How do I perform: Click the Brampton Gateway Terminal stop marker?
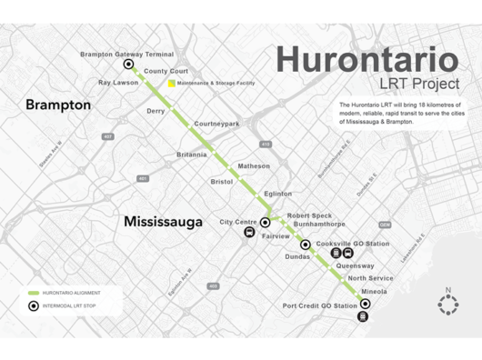[128, 65]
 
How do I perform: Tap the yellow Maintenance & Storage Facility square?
[170, 84]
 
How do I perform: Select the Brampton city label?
[59, 105]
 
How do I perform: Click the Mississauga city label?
[163, 221]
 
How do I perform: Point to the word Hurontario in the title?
[367, 60]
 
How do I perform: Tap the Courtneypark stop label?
[216, 123]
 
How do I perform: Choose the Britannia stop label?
[193, 155]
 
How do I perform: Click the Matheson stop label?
[254, 166]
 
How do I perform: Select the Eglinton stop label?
[277, 194]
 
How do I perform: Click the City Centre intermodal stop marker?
[266, 222]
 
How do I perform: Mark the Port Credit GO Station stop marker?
[365, 305]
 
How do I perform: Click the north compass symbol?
[447, 305]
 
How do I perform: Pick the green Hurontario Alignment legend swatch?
[34, 293]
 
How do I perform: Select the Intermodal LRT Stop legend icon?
[34, 306]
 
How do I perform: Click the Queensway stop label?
[355, 265]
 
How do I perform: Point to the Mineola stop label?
[375, 292]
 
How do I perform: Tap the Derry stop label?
[156, 111]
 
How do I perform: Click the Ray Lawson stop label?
[117, 83]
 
